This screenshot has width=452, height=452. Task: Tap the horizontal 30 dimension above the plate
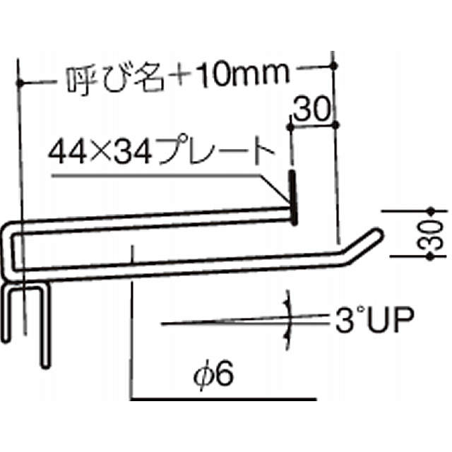(311, 110)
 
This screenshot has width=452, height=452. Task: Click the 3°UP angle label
(374, 322)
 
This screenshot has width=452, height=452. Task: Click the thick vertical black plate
(292, 194)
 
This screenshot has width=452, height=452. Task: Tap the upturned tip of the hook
(374, 236)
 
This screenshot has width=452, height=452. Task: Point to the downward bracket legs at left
(28, 321)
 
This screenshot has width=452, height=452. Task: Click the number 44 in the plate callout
(64, 151)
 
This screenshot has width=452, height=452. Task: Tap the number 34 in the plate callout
(121, 151)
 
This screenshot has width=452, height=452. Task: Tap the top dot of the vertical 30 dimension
(430, 210)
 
